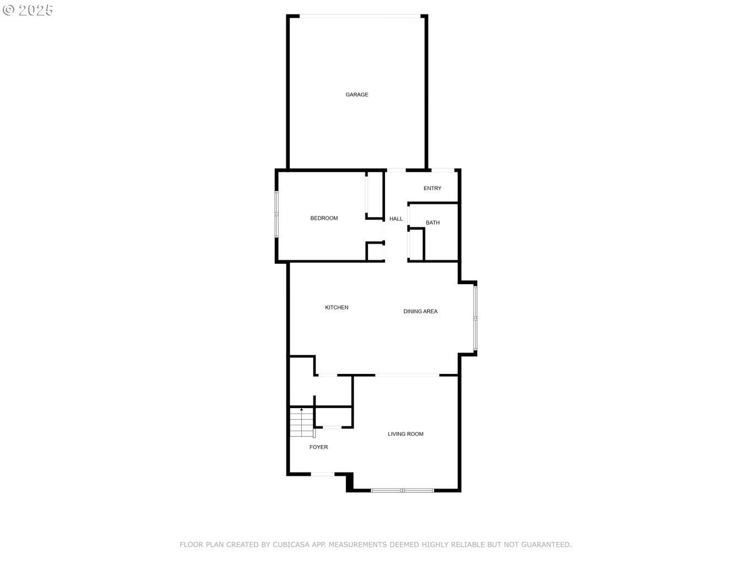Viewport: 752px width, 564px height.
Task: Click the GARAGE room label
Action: coord(356,95)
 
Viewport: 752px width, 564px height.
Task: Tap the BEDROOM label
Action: coord(324,218)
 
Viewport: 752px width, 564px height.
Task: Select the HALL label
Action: coord(396,219)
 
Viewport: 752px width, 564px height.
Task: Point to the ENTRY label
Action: coord(432,188)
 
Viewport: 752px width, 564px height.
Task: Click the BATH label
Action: coord(432,223)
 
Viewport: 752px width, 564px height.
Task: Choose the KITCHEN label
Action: coord(337,307)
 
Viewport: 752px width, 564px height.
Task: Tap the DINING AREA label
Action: coord(420,311)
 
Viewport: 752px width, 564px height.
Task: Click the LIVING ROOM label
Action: coord(405,434)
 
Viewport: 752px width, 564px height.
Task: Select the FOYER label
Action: coord(318,447)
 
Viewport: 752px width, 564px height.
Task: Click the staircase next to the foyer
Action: coord(301,422)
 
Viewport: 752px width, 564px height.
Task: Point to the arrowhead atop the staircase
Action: coord(301,409)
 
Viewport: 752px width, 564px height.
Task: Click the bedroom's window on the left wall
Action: coord(277,214)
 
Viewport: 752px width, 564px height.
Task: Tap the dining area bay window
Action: coord(475,318)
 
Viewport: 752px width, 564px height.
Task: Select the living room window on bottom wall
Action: coord(402,490)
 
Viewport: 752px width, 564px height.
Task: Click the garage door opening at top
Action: coord(360,16)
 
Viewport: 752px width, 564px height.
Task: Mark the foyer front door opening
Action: coord(323,474)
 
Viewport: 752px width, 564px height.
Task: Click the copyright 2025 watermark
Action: coord(28,10)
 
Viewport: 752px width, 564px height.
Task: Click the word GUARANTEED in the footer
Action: coord(546,545)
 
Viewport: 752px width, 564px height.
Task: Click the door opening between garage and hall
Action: coord(397,170)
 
